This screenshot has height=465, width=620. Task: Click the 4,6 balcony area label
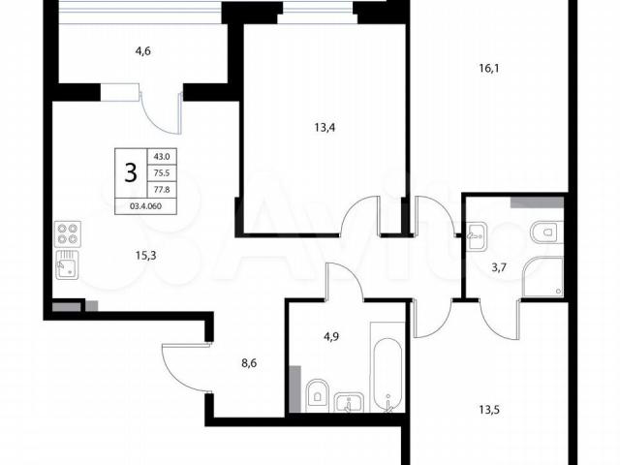[143, 51]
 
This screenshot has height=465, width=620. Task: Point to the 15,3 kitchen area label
[145, 256]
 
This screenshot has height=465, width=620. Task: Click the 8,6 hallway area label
[249, 362]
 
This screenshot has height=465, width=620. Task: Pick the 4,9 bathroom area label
[331, 337]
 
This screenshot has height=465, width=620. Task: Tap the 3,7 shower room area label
[499, 268]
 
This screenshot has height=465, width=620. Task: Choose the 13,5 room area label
[489, 410]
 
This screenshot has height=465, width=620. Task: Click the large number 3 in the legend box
[131, 172]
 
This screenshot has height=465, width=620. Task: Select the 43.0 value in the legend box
[162, 157]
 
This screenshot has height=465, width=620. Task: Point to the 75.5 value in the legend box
[162, 173]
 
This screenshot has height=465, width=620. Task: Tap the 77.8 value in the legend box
[162, 190]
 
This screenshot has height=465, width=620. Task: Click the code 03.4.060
[145, 206]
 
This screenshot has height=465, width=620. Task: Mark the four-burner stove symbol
[68, 233]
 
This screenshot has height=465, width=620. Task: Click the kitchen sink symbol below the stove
[67, 264]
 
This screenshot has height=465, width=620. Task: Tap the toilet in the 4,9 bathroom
[317, 395]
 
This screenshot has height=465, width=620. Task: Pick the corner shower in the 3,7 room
[542, 276]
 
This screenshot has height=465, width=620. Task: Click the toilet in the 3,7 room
[546, 232]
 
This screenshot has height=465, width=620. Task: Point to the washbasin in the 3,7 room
[478, 236]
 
